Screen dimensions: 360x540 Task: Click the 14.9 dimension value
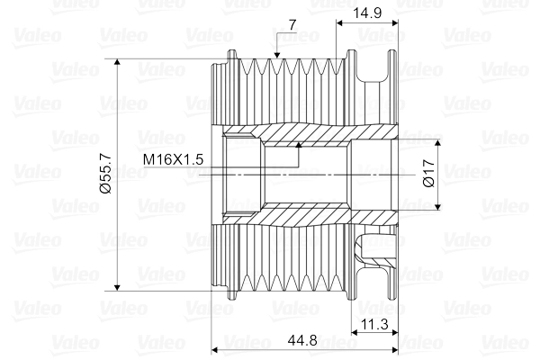pos(369,12)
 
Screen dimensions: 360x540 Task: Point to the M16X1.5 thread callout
pos(175,158)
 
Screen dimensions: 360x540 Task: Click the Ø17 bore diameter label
pos(428,171)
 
